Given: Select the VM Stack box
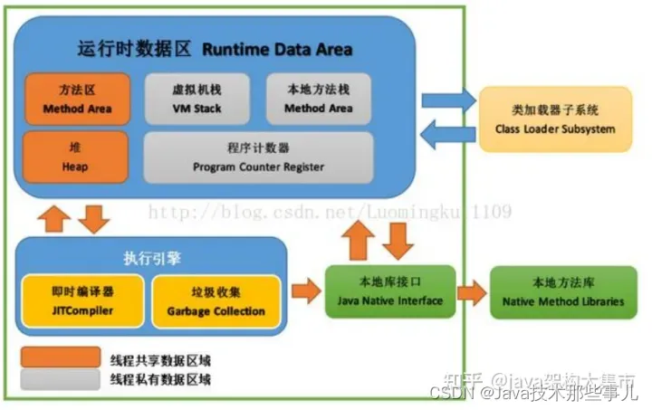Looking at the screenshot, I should tap(196, 99).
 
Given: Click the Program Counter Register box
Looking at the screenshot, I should tap(257, 157).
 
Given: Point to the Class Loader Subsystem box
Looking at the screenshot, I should tap(554, 119).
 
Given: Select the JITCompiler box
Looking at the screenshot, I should tap(81, 300).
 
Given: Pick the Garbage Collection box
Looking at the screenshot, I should tap(216, 300).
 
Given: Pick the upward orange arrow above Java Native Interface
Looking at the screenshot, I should tap(359, 241).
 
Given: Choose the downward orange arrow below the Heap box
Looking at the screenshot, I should tap(95, 217).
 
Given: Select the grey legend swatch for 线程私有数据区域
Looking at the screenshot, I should tap(62, 379).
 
